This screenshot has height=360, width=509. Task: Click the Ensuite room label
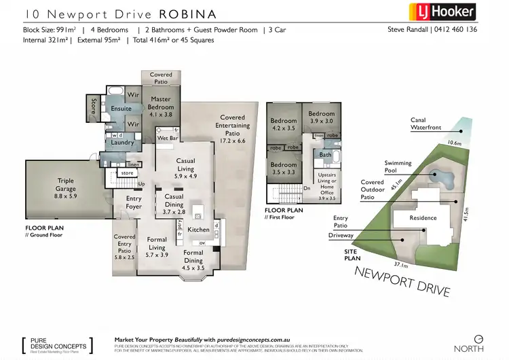click(121, 109)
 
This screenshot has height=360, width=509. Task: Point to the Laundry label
click(123, 142)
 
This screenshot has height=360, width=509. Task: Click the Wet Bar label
click(168, 138)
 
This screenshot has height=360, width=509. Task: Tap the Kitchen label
click(198, 230)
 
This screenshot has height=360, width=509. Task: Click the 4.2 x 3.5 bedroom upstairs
click(284, 122)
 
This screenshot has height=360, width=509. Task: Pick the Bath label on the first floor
click(325, 155)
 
